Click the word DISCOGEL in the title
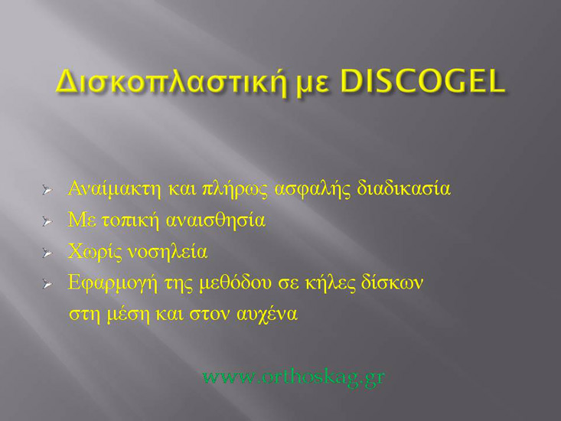click(x=422, y=81)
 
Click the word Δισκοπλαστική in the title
click(x=171, y=83)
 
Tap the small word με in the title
click(x=313, y=86)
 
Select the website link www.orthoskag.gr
click(x=293, y=377)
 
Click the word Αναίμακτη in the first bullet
click(x=115, y=188)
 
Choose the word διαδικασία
click(x=403, y=188)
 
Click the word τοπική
click(x=130, y=220)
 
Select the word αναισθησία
click(x=216, y=220)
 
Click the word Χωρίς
click(x=95, y=252)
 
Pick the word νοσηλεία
click(x=168, y=252)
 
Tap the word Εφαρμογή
click(x=113, y=283)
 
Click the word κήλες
click(x=330, y=283)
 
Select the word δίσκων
click(x=392, y=282)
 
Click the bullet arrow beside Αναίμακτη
click(x=47, y=190)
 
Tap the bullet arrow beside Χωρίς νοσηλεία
click(x=47, y=253)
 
